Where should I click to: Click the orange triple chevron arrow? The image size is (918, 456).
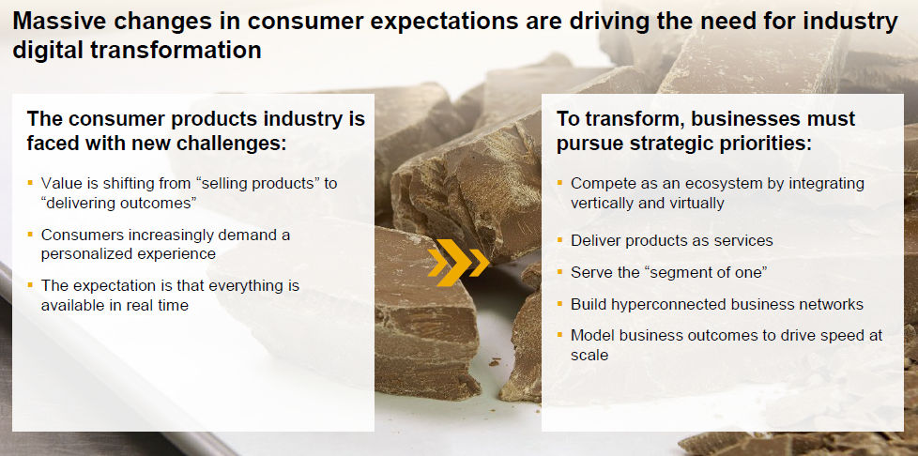(458, 262)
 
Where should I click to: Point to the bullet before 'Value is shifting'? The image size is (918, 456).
(30, 183)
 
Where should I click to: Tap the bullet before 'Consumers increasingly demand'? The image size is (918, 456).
(30, 235)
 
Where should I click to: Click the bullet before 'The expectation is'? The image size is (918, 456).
(30, 285)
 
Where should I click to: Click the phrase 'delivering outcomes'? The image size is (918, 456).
(118, 203)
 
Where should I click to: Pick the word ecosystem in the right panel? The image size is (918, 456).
(687, 184)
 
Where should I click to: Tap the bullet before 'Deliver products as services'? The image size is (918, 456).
(559, 240)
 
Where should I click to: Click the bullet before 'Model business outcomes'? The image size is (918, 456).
(559, 335)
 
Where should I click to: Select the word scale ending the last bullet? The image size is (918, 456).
(589, 355)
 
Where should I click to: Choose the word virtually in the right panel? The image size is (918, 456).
(693, 203)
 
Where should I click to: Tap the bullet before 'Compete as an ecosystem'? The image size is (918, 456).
(559, 183)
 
